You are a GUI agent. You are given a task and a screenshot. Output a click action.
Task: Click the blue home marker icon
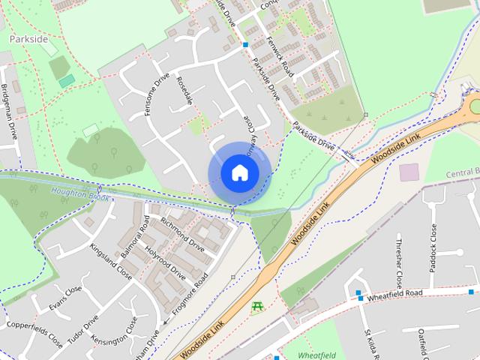tap(239, 173)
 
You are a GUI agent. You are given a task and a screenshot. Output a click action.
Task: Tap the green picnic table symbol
tap(258, 307)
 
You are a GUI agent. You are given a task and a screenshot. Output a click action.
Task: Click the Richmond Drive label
tap(182, 235)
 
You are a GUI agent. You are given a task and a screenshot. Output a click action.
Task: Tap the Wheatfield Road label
tap(396, 295)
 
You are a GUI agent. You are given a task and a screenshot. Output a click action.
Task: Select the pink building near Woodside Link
tap(409, 172)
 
